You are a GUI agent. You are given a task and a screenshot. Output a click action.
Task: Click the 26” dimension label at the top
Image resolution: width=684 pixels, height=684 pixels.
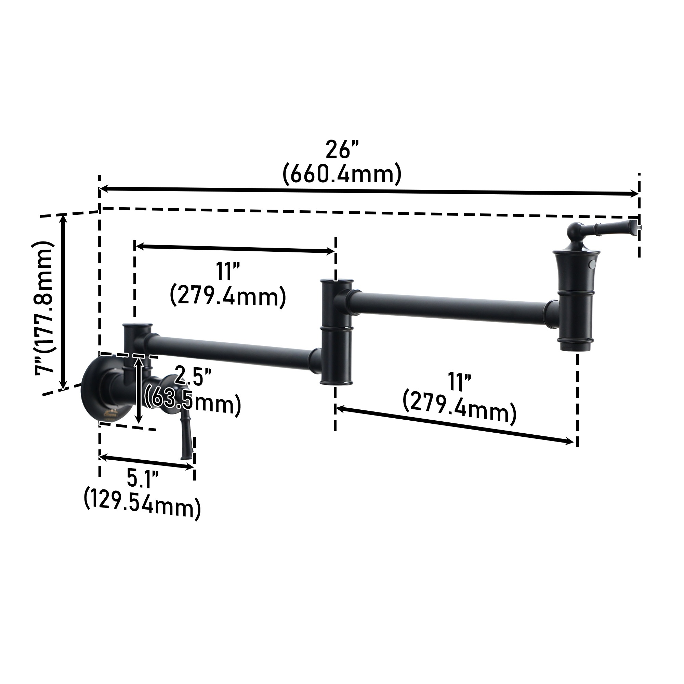coord(342,150)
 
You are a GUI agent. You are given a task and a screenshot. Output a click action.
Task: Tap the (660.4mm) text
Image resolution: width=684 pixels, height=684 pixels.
coord(342,174)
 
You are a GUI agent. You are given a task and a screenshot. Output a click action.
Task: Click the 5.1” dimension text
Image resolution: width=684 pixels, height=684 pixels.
coord(143,479)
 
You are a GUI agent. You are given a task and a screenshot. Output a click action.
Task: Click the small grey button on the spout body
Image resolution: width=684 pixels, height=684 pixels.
coord(591,264)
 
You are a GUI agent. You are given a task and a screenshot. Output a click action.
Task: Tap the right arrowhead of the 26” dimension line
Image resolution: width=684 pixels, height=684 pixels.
coord(635,193)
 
